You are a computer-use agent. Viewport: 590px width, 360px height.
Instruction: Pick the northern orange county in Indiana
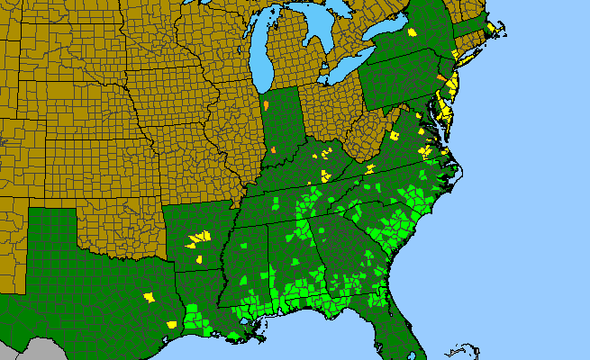tap(268, 106)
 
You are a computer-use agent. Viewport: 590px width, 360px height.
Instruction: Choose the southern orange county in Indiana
tap(273, 148)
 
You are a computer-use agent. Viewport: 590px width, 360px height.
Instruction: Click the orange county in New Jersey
tap(440, 77)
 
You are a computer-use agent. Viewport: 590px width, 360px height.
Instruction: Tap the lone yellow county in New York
tap(413, 32)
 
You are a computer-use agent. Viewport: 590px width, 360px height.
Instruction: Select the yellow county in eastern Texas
tap(150, 296)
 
